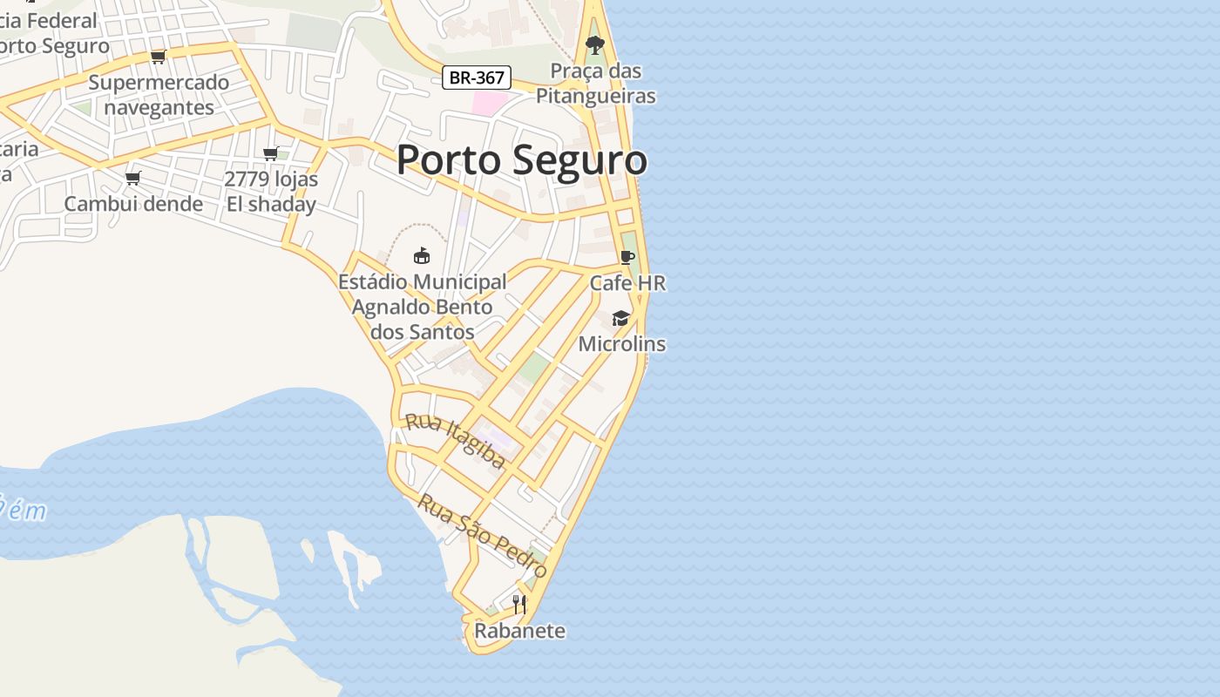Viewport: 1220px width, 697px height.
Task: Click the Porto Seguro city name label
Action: click(522, 160)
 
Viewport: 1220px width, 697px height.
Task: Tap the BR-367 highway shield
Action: click(477, 78)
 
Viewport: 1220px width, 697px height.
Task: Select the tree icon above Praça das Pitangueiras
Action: click(595, 44)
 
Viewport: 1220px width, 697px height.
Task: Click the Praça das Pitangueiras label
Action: click(596, 84)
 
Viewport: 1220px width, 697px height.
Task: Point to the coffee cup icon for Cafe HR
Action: click(627, 257)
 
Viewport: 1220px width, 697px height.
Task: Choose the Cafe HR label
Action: click(627, 283)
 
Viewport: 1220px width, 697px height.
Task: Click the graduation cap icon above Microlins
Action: click(620, 318)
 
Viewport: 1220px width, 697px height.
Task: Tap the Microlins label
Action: click(622, 344)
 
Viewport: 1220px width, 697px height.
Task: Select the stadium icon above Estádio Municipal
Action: click(422, 255)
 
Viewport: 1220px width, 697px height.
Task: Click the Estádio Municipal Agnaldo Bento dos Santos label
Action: click(423, 307)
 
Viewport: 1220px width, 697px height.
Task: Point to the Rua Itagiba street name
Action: click(455, 441)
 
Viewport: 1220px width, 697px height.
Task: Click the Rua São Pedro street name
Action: click(482, 536)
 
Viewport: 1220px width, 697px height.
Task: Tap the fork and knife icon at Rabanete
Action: click(519, 605)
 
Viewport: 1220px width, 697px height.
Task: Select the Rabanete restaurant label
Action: click(520, 631)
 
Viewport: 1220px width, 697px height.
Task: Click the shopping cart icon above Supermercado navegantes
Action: click(158, 57)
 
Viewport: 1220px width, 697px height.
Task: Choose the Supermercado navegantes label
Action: click(159, 95)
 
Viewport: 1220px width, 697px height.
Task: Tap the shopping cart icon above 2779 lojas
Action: click(270, 153)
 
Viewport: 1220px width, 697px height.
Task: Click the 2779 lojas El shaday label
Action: click(271, 192)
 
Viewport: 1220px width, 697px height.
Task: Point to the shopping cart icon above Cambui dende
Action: click(132, 178)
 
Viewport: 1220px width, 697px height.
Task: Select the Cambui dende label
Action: click(133, 204)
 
